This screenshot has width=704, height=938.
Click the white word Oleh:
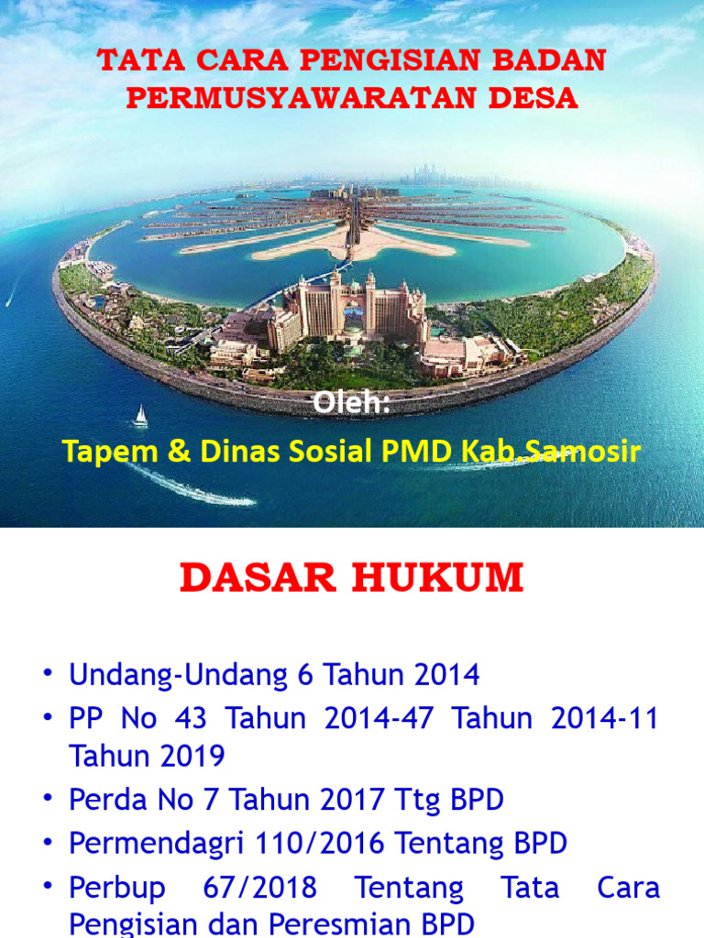coord(352,404)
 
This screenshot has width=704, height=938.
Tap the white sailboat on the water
coord(140,417)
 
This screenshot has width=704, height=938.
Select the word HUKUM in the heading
coord(438,578)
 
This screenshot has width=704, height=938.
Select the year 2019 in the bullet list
coord(192,757)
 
